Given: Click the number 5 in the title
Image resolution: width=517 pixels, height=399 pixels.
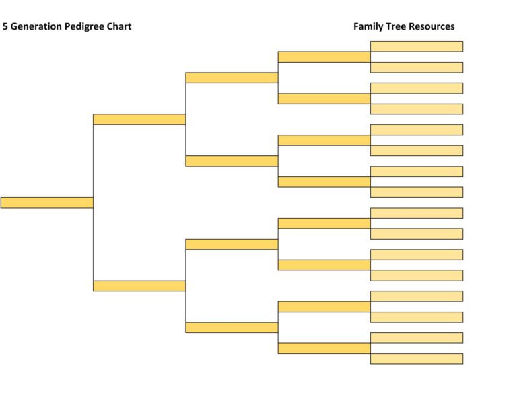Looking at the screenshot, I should (5, 26).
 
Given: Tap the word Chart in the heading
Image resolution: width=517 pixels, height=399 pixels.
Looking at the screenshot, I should (119, 26).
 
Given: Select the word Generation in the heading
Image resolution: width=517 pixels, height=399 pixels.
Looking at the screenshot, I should (37, 26).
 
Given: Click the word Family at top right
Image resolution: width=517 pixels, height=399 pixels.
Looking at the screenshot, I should (368, 26).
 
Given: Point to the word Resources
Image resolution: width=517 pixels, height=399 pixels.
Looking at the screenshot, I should (432, 26).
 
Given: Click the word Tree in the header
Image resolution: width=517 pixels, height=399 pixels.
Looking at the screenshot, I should (397, 26).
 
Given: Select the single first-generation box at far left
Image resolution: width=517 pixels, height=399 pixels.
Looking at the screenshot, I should (46, 203).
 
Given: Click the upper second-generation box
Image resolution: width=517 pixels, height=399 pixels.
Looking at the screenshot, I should (139, 119).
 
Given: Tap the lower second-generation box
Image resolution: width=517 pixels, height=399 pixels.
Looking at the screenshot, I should (139, 286).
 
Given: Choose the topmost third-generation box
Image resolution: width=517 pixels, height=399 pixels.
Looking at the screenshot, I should (232, 77).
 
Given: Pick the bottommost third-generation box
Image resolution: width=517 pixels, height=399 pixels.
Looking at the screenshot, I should (232, 328).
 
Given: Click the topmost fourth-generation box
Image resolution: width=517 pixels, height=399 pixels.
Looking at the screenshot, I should (324, 57).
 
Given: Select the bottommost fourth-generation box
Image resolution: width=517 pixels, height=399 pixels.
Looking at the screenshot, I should (324, 349).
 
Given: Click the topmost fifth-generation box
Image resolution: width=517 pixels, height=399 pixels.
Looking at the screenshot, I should (416, 46).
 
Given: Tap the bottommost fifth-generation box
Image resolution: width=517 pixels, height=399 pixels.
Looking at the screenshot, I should (416, 359).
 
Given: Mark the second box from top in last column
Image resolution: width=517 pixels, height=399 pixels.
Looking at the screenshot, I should (416, 67).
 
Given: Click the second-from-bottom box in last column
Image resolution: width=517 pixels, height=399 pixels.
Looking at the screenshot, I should (416, 338).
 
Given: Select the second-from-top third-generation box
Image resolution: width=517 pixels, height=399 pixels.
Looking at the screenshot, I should (232, 161).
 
